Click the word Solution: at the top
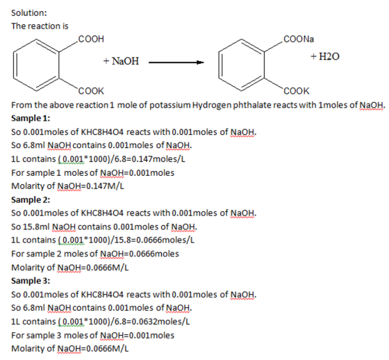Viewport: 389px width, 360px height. (28, 13)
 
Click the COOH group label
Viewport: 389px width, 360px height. (91, 39)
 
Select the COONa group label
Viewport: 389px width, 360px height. (299, 39)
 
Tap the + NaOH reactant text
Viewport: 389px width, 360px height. (121, 61)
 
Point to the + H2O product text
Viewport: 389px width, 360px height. (325, 56)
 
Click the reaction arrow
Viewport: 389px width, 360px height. (176, 63)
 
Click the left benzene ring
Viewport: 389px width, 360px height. (36, 65)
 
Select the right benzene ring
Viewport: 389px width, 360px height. (242, 65)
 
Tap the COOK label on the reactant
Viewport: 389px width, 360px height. (91, 91)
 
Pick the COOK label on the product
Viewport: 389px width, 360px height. (297, 91)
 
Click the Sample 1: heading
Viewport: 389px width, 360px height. (31, 118)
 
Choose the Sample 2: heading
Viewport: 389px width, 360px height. (31, 199)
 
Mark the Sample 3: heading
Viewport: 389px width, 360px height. (31, 281)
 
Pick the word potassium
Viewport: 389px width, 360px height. (170, 105)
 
